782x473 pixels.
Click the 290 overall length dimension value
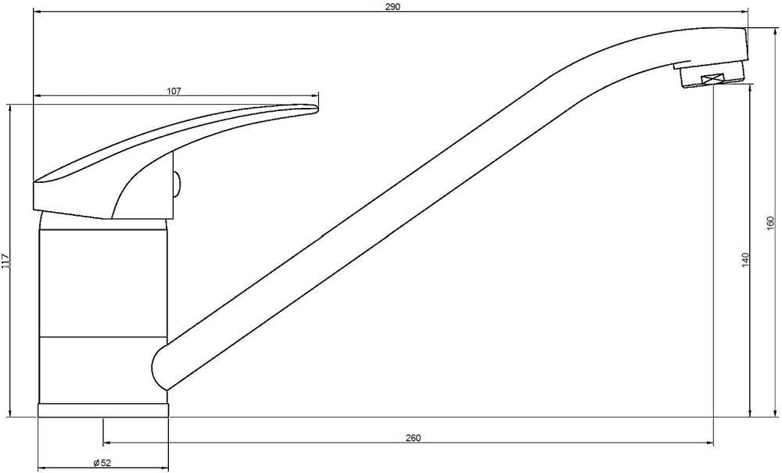click(393, 6)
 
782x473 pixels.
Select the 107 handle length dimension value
click(174, 91)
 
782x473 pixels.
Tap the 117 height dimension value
click(5, 261)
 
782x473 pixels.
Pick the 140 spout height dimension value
click(745, 260)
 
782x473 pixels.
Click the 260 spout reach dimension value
click(413, 438)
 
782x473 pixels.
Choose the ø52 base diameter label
click(102, 463)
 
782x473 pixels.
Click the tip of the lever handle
click(316, 109)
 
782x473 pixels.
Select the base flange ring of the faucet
click(103, 410)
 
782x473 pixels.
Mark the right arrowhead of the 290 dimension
click(744, 12)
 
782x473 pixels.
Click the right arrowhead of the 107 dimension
click(314, 96)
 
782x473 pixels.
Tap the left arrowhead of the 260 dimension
click(107, 443)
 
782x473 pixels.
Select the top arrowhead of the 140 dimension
click(751, 88)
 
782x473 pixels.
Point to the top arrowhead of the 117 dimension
click(9, 109)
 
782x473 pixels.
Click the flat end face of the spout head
click(747, 44)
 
